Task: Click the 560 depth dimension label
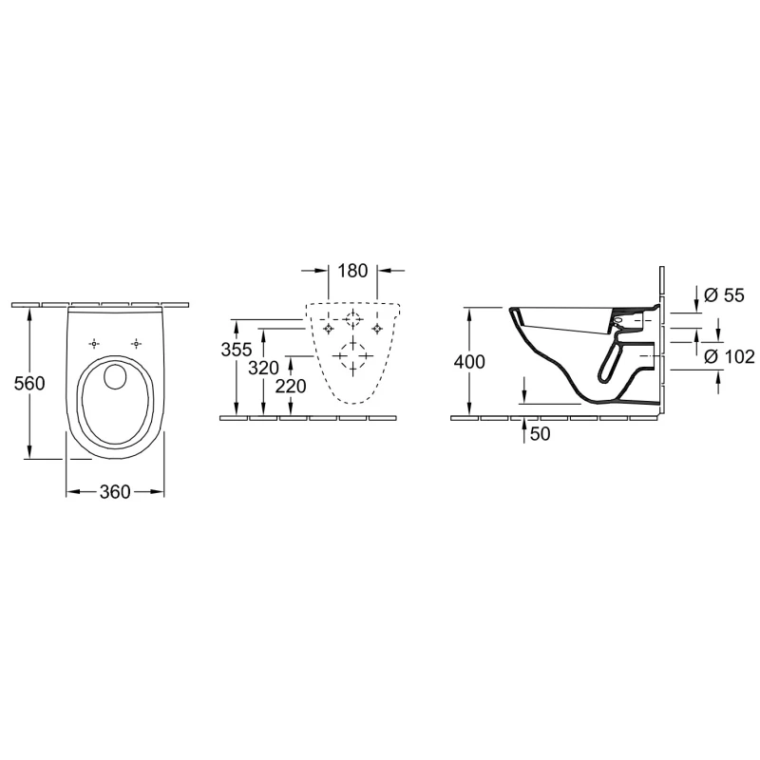click(29, 384)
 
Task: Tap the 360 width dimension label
click(115, 492)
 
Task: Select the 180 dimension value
click(352, 271)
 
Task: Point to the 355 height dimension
click(237, 350)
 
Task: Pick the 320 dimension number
click(264, 369)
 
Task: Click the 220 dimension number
click(291, 387)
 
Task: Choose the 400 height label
click(469, 362)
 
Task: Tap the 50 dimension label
click(540, 434)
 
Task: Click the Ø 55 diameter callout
click(724, 295)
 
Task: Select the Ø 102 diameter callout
click(730, 357)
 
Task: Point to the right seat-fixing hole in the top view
click(137, 344)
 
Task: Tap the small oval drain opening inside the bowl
click(115, 376)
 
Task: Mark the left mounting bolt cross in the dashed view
click(329, 329)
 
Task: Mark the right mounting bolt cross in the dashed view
click(377, 329)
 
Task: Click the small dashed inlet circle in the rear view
click(352, 319)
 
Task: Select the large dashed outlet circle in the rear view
click(352, 355)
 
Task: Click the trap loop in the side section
click(610, 362)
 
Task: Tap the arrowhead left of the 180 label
click(322, 271)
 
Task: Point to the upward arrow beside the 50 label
click(523, 430)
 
